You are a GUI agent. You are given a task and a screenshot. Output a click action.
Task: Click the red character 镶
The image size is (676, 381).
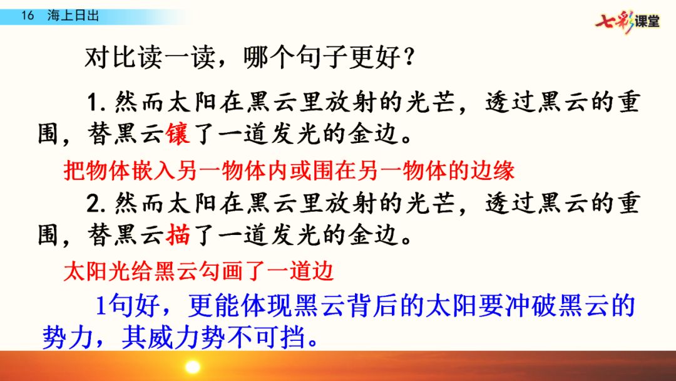(x=178, y=133)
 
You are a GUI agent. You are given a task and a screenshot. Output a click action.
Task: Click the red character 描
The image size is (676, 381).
(x=178, y=235)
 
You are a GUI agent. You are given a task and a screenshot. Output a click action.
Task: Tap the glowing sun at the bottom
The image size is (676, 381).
(x=192, y=367)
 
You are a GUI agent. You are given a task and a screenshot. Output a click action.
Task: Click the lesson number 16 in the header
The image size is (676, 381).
(x=28, y=16)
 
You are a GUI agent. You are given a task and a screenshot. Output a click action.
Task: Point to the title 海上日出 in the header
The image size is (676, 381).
(x=73, y=16)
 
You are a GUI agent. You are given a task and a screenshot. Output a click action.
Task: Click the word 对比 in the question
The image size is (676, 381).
(x=111, y=58)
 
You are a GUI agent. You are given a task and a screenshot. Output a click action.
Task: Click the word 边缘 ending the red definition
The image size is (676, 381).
(x=493, y=170)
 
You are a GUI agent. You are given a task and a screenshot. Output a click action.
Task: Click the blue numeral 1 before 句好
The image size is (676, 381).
(x=100, y=306)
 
